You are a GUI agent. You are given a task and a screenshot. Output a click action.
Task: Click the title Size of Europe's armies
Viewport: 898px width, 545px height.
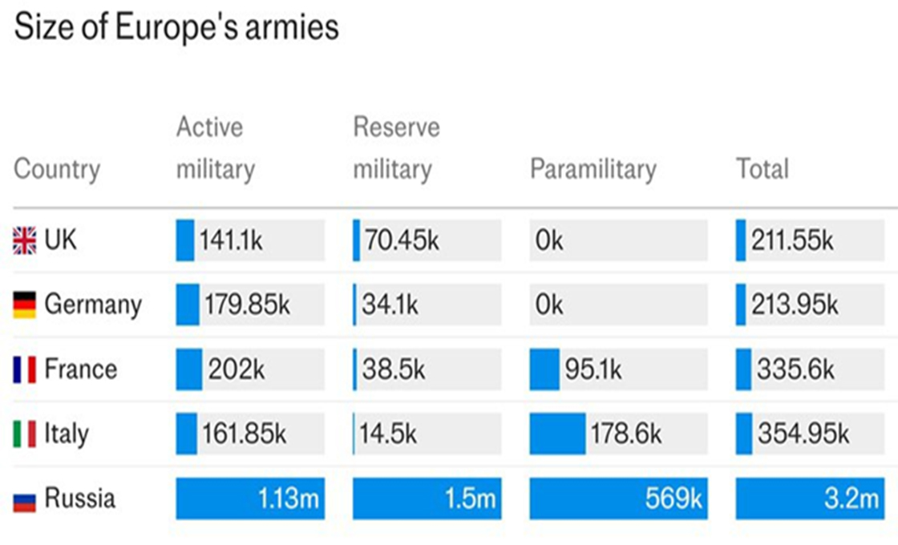coord(176,28)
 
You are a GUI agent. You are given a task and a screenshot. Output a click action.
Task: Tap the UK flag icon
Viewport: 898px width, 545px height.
coord(25,240)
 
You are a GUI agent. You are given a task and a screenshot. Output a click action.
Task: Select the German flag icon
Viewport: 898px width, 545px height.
coord(25,305)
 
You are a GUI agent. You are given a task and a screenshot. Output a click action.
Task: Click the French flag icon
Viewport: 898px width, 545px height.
coord(25,369)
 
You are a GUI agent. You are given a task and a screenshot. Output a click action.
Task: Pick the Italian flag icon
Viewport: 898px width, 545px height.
coord(25,434)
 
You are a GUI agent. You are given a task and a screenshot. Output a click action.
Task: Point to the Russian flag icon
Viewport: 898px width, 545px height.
coord(25,500)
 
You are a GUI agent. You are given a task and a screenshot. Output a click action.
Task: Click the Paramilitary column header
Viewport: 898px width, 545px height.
coord(593,169)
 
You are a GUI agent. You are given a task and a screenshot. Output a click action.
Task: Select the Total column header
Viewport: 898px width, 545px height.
coord(762,169)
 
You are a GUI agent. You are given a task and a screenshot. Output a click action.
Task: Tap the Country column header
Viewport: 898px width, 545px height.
coord(57,169)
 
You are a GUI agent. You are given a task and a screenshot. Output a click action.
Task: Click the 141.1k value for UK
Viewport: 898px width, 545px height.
coord(231,240)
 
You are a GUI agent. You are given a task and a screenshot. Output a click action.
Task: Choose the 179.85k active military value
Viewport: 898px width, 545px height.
coord(245,305)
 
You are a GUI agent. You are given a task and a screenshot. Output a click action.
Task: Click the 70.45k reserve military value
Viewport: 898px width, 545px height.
coord(402,240)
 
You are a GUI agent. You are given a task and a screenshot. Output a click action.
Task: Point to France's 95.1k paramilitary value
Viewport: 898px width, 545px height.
coord(593,369)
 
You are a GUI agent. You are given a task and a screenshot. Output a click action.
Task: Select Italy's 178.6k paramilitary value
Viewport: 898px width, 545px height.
coord(626,434)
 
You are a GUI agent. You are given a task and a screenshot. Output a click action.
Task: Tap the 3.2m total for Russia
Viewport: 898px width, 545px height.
coord(851,499)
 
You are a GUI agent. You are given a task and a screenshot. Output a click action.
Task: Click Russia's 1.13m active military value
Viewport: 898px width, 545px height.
coord(288,499)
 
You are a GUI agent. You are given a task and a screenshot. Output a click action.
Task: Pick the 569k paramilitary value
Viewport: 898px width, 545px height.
coord(673,499)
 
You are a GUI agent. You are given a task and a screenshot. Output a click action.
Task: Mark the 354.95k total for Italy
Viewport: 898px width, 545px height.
coord(803,434)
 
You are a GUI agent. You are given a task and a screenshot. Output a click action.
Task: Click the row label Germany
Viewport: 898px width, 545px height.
coord(92,305)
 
